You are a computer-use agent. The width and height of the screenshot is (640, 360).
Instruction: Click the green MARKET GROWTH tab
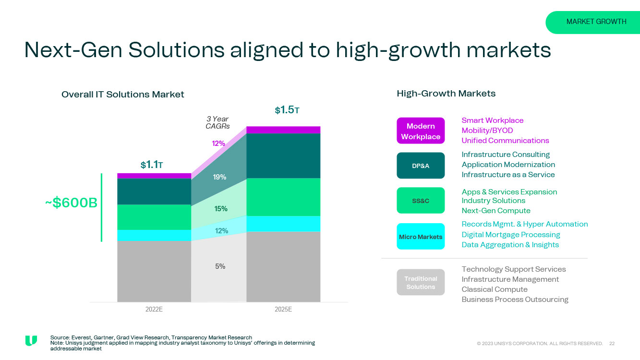(x=596, y=22)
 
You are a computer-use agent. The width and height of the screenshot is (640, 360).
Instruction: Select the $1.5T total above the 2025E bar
(x=287, y=110)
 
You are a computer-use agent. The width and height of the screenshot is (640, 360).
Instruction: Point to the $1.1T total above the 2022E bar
(x=152, y=165)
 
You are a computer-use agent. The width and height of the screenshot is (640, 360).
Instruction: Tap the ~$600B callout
(x=72, y=203)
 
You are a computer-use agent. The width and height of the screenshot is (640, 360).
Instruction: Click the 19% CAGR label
(x=219, y=177)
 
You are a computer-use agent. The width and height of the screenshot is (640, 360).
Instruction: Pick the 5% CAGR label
(x=220, y=266)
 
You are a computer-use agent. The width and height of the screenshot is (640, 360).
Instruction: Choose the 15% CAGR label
(x=221, y=209)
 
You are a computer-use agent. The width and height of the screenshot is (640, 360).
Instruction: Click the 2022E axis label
(x=154, y=310)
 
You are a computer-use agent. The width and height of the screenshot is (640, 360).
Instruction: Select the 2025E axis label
(x=283, y=310)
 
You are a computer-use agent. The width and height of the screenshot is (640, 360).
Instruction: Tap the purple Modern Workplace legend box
(x=421, y=131)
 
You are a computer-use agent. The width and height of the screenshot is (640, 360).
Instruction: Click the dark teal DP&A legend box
(x=421, y=166)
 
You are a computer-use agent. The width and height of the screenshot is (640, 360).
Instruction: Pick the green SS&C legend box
(x=421, y=201)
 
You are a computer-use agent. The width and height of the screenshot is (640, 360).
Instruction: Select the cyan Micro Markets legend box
(x=421, y=237)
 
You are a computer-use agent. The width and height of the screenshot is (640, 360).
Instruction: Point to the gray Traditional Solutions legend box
(x=421, y=283)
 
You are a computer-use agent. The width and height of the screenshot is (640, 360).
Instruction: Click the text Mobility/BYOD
(x=487, y=131)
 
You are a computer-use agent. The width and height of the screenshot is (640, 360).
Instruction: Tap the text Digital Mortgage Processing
(x=511, y=235)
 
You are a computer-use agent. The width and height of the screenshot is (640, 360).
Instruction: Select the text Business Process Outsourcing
(x=515, y=300)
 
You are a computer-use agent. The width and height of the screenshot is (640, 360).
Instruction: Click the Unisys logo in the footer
(x=31, y=341)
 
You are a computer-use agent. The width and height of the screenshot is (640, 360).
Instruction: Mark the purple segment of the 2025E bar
(x=283, y=130)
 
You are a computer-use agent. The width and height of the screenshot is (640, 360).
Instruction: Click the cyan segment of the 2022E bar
(x=154, y=235)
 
